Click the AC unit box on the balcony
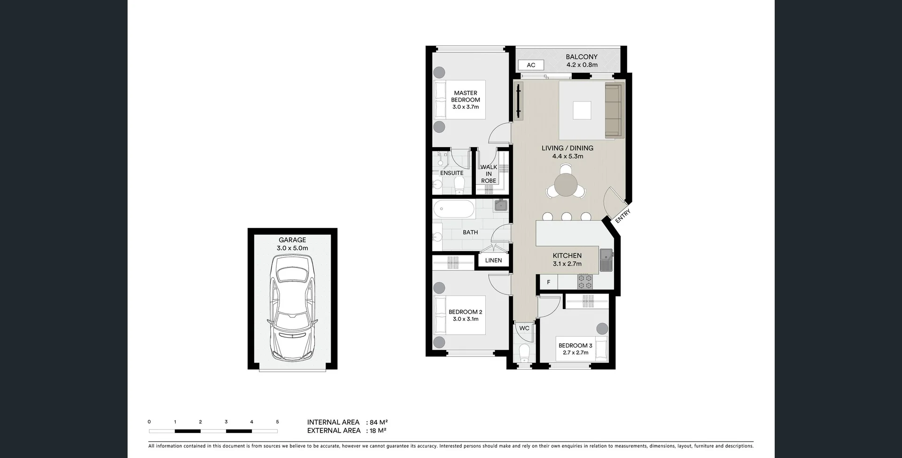point(531,65)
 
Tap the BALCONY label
point(582,57)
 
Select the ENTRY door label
point(623,216)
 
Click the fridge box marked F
point(548,282)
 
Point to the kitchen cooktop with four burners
point(585,281)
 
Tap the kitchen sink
point(607,260)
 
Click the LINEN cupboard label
point(493,261)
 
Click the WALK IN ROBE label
point(489,174)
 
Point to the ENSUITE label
point(451,173)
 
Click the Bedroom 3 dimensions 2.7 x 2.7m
point(575,353)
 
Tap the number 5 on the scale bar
point(277,422)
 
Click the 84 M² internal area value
point(379,422)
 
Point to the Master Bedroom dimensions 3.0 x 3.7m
point(466,107)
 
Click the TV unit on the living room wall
point(518,101)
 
